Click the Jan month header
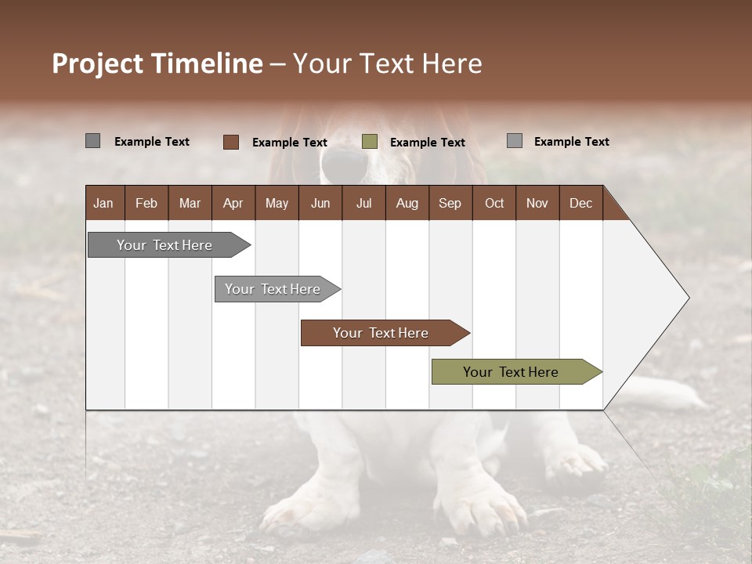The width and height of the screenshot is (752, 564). tap(103, 204)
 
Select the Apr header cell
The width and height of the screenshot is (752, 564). tap(233, 204)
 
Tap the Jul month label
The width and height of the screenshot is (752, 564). tap(363, 204)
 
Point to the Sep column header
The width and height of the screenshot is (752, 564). tap(450, 204)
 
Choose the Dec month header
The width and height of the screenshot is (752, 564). tap(580, 204)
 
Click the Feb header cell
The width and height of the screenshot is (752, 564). tap(146, 204)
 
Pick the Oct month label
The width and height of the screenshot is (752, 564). tap(494, 204)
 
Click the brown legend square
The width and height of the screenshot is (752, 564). tap(231, 142)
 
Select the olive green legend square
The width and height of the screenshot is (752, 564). tap(370, 142)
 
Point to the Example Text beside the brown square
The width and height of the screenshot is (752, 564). tap(289, 143)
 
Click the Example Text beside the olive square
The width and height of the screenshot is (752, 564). tap(427, 143)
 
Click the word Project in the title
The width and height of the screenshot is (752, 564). tap(98, 63)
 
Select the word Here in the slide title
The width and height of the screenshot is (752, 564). tap(452, 63)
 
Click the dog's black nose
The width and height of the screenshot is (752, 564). tap(345, 163)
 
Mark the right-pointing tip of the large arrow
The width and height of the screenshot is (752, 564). tap(688, 298)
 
